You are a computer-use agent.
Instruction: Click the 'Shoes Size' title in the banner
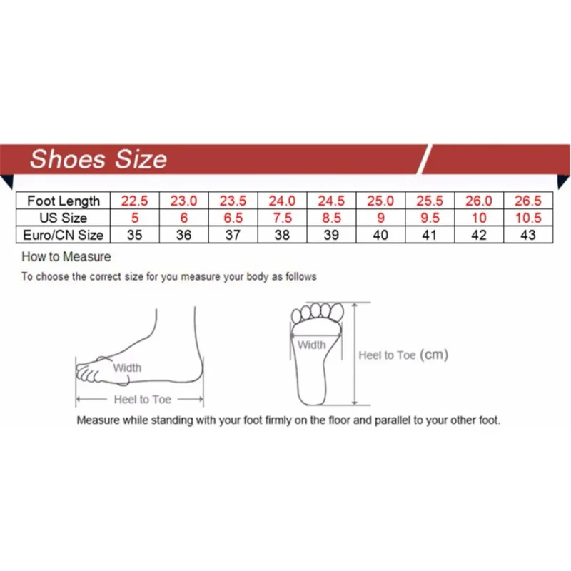pyautogui.click(x=98, y=158)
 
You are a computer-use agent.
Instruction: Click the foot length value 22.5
pyautogui.click(x=134, y=201)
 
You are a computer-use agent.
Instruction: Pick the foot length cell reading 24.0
pyautogui.click(x=282, y=201)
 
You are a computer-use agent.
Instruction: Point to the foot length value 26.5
pyautogui.click(x=528, y=201)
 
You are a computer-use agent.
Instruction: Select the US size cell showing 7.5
pyautogui.click(x=282, y=218)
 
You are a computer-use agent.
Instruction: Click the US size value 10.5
pyautogui.click(x=528, y=218)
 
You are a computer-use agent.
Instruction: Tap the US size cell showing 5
pyautogui.click(x=134, y=218)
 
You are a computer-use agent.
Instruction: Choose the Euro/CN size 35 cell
pyautogui.click(x=134, y=235)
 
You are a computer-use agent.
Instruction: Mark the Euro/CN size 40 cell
pyautogui.click(x=380, y=235)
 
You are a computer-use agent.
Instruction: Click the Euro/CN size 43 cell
pyautogui.click(x=528, y=235)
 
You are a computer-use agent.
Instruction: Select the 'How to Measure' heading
pyautogui.click(x=66, y=257)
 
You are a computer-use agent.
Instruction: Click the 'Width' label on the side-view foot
pyautogui.click(x=127, y=368)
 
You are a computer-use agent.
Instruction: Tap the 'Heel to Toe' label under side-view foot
pyautogui.click(x=142, y=400)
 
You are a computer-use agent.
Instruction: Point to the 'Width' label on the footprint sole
pyautogui.click(x=311, y=345)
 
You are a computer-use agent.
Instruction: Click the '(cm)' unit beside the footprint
pyautogui.click(x=433, y=355)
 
